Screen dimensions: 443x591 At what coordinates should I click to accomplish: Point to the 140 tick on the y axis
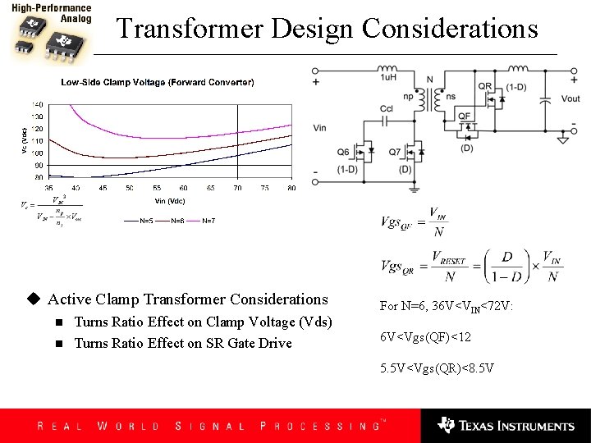(x=37, y=105)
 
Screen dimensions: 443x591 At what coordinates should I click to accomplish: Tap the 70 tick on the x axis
(x=237, y=188)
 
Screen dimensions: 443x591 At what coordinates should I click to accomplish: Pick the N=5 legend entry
(x=146, y=221)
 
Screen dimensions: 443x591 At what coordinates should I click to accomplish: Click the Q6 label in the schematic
(x=343, y=152)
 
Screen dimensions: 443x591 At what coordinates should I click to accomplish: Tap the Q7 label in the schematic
(x=395, y=152)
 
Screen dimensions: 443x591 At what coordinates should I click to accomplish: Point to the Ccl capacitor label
(x=387, y=108)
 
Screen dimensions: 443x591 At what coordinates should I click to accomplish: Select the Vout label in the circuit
(x=570, y=99)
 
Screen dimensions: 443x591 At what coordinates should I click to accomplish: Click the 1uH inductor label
(x=389, y=77)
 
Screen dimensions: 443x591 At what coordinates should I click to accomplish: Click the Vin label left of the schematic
(x=320, y=128)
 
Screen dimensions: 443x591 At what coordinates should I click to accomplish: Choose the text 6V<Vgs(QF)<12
(x=425, y=337)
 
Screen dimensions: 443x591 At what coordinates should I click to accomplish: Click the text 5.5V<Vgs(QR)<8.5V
(x=437, y=368)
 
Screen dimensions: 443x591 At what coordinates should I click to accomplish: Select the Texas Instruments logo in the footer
(x=506, y=425)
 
